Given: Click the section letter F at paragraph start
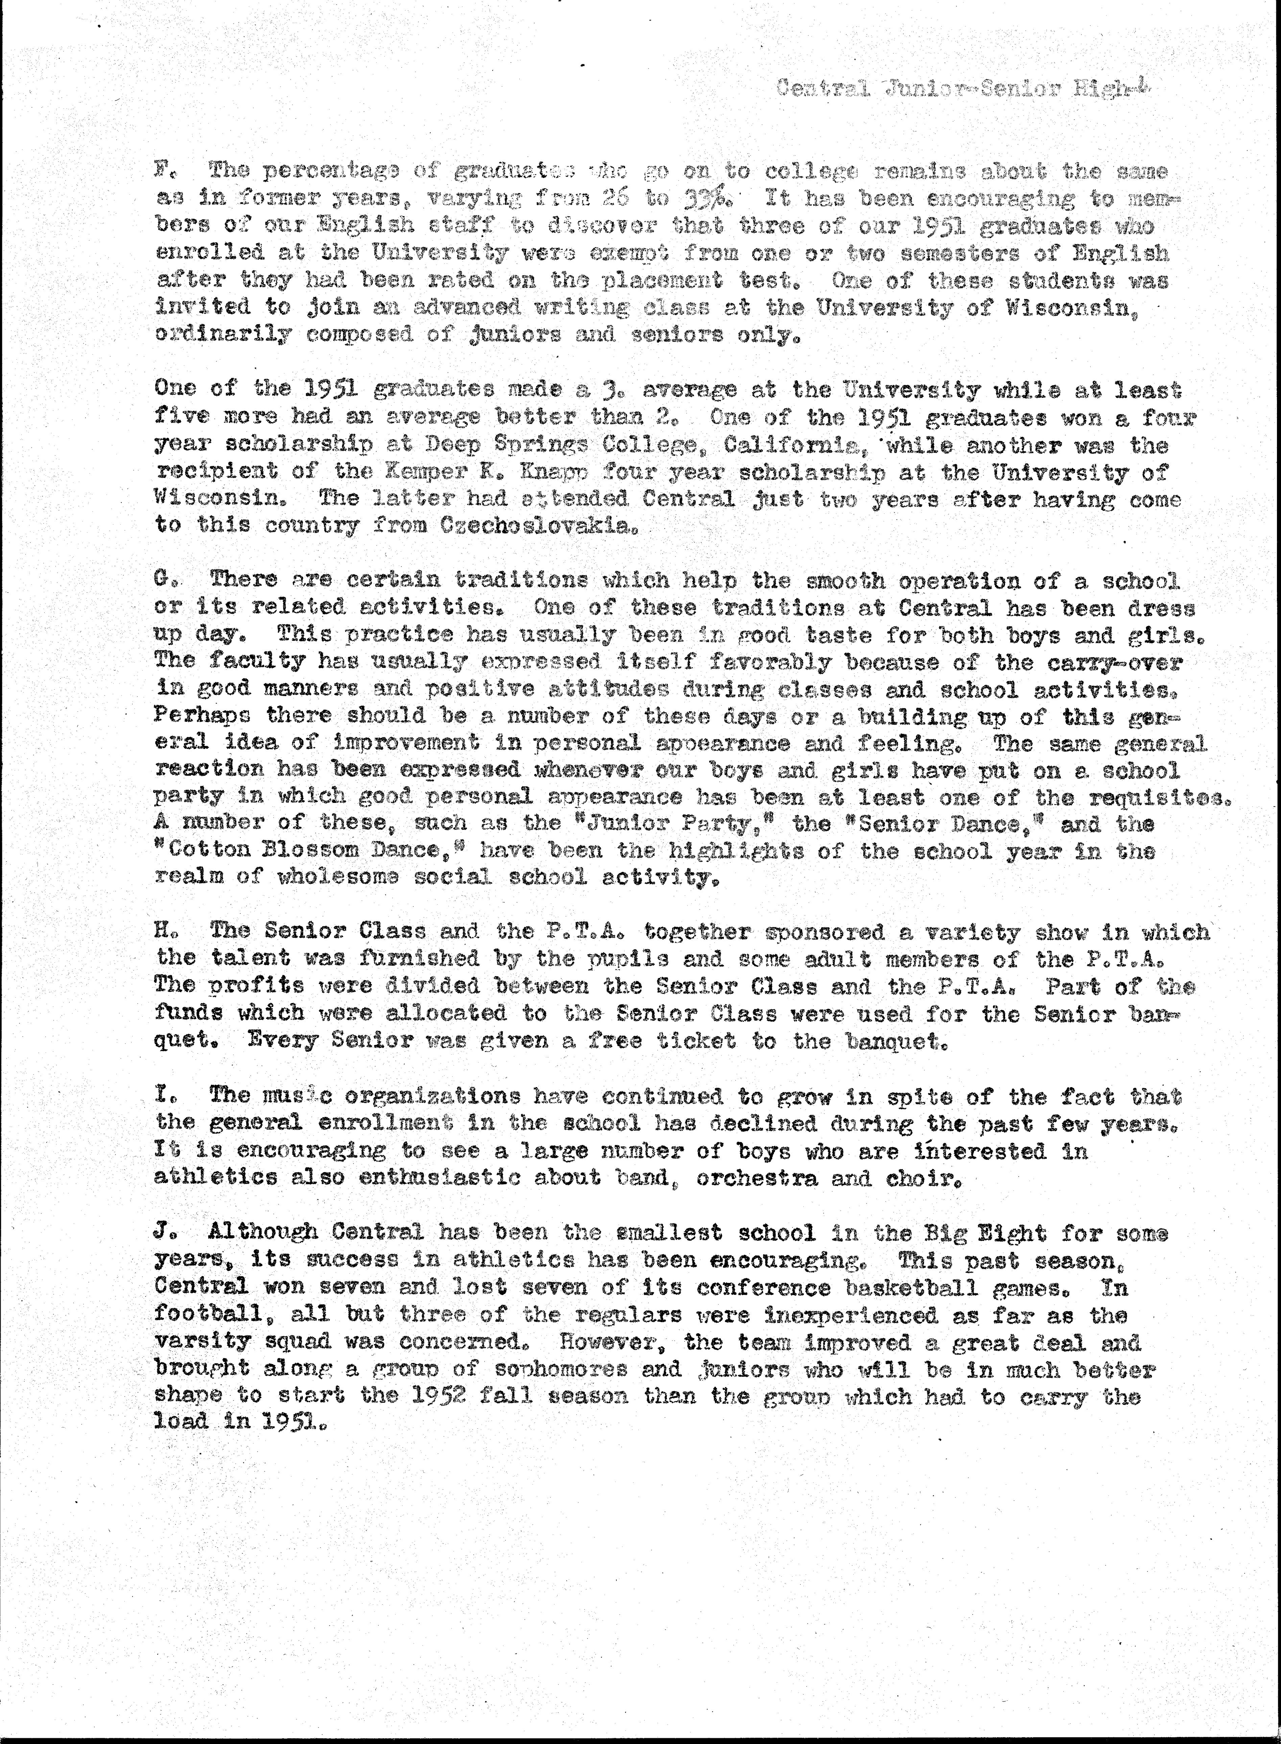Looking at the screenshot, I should coord(162,170).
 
